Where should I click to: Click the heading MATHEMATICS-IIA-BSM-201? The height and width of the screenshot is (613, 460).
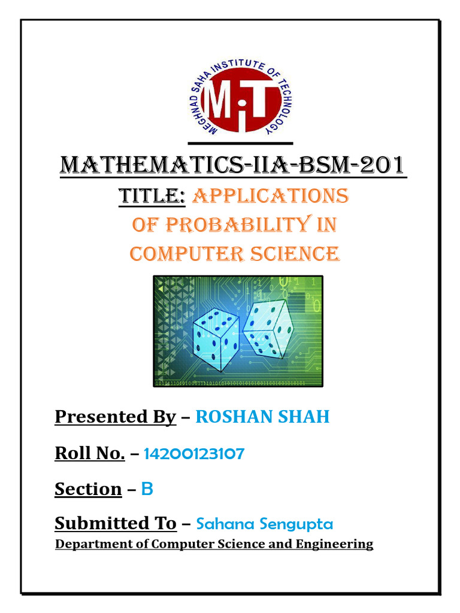(232, 165)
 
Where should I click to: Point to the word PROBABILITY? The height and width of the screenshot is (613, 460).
(235, 224)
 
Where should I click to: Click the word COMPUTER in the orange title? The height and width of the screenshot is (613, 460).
(179, 253)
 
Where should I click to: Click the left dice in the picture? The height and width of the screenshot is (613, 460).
(216, 339)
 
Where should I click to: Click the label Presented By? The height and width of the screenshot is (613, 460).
(115, 417)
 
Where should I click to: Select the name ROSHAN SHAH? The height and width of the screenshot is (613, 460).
(262, 417)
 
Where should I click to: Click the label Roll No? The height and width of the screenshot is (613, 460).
(89, 453)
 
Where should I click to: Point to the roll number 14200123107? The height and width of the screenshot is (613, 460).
(194, 454)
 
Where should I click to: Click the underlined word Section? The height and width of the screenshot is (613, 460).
(88, 489)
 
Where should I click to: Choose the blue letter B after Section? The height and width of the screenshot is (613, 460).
(147, 489)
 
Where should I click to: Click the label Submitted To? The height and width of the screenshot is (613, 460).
(116, 524)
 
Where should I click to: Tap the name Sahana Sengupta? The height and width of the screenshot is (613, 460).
(264, 524)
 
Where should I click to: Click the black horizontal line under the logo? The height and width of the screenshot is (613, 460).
(240, 144)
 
